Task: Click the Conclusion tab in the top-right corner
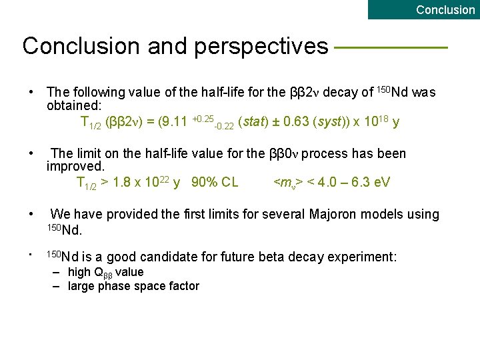pos(445,9)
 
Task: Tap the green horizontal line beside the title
pos(390,47)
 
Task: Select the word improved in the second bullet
pos(75,167)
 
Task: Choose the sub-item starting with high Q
pos(105,272)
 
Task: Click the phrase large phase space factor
pos(133,286)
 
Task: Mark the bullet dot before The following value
pos(31,92)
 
